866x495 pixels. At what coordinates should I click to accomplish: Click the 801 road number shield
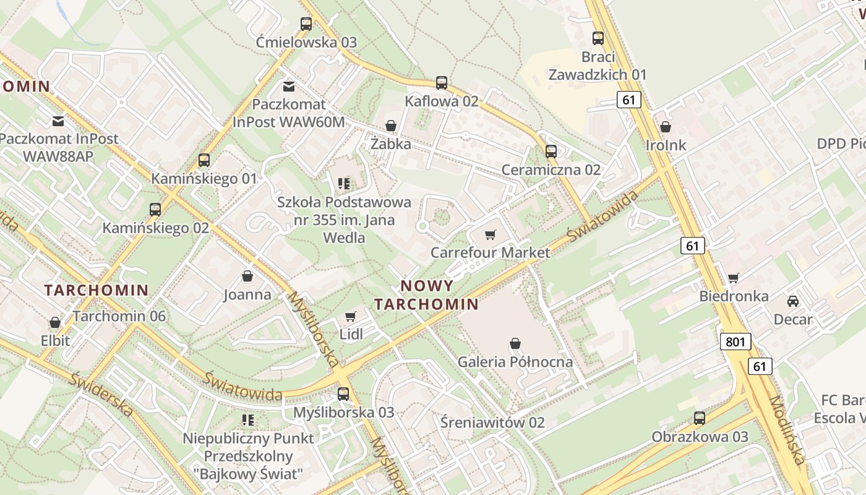tap(735, 342)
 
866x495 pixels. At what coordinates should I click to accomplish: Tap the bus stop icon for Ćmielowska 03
tap(306, 24)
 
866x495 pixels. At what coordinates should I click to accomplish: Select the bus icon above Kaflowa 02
tap(441, 83)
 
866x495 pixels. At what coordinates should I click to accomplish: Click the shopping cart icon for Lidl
tap(351, 316)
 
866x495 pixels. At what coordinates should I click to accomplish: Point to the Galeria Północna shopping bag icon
tap(515, 343)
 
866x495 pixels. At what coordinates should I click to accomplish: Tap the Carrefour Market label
tap(490, 252)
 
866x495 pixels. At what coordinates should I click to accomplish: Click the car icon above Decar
tap(792, 301)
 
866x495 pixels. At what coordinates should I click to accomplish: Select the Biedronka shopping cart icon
tap(734, 278)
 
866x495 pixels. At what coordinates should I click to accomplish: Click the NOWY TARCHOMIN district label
tap(427, 295)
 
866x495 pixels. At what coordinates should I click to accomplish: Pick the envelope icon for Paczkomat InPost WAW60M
tap(288, 86)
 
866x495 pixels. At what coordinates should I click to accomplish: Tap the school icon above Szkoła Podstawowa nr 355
tap(344, 183)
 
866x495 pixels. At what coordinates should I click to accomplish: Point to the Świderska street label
tap(101, 394)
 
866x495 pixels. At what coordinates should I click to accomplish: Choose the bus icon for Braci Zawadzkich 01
tap(598, 38)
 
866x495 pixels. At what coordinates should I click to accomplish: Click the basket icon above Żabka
tap(390, 126)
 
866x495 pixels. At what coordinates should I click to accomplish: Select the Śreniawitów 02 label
tap(492, 423)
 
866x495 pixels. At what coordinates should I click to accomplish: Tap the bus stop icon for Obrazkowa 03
tap(700, 418)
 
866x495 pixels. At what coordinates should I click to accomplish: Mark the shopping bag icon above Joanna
tap(247, 276)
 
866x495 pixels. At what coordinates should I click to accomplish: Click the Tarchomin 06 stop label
tap(119, 316)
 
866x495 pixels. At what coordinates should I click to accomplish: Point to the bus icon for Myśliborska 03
tap(343, 394)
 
